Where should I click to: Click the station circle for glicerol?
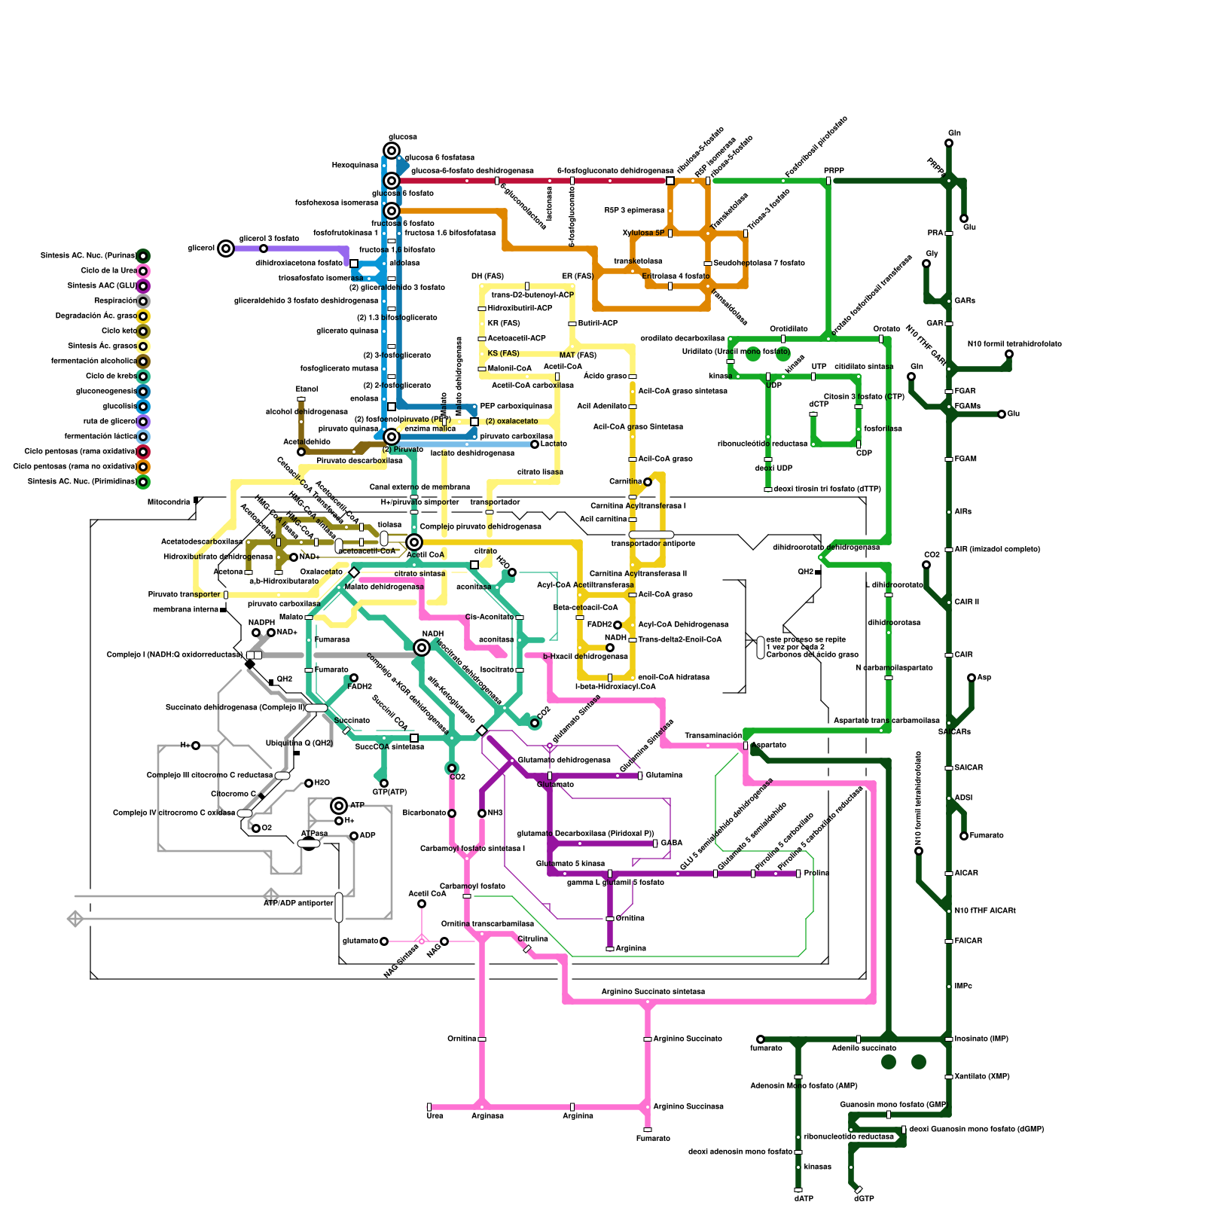[226, 249]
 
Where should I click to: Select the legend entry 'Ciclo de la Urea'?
[108, 271]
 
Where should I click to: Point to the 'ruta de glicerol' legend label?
[109, 422]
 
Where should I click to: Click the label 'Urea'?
[435, 1115]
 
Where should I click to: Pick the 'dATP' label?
[804, 1198]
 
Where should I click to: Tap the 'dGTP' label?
[864, 1198]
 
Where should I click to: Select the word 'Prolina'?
[816, 874]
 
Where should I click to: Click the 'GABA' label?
[672, 843]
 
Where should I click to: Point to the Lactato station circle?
[535, 444]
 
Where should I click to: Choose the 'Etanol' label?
[307, 389]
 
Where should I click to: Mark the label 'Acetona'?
[228, 572]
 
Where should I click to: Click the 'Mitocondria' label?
[169, 502]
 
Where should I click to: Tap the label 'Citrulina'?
[533, 939]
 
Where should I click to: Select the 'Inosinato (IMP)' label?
[981, 1039]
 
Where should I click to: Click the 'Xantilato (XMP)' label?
[982, 1077]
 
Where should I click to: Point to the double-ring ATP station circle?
[339, 806]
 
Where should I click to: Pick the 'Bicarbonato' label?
[424, 813]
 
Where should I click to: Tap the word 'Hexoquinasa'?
[355, 166]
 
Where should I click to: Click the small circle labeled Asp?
[972, 678]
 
